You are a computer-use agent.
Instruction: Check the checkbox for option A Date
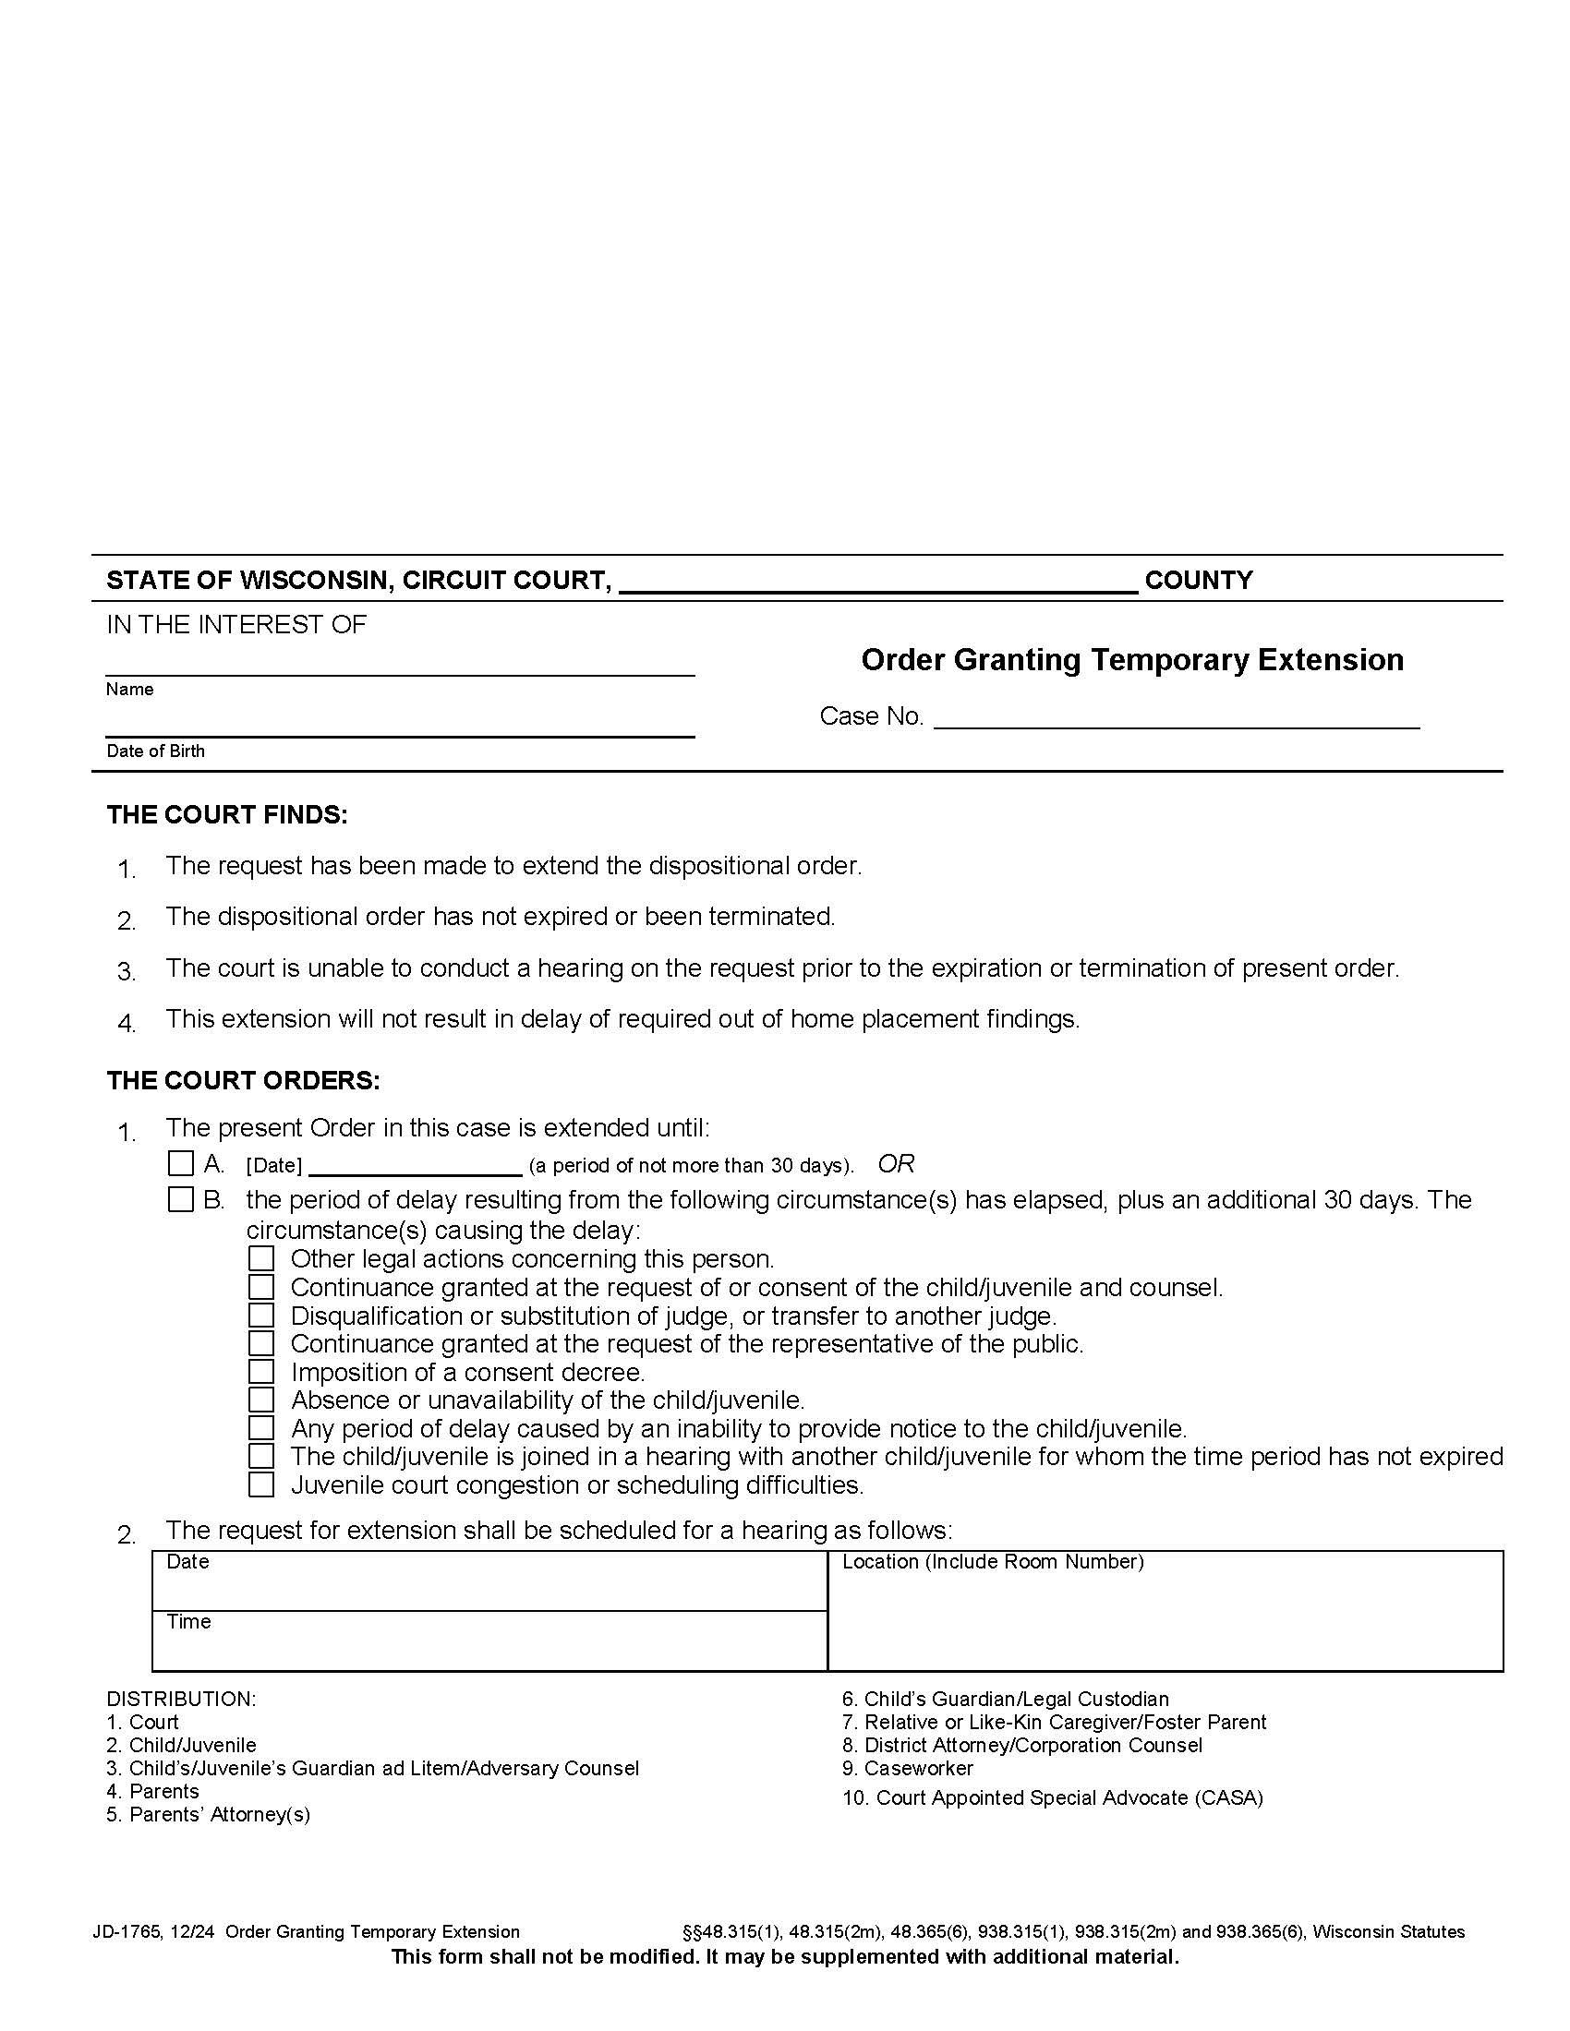pos(180,1163)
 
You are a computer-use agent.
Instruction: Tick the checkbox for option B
pos(180,1199)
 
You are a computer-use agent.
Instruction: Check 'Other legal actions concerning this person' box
pos(261,1259)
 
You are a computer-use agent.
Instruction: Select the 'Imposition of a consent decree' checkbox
pos(261,1372)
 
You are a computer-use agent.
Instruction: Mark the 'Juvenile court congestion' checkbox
pos(261,1484)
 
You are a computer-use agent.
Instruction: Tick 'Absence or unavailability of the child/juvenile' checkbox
pos(261,1400)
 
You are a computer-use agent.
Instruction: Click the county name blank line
pos(877,583)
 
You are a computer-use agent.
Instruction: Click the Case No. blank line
pos(1176,717)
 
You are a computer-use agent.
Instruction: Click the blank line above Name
pos(400,664)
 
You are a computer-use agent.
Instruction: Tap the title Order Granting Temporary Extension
pos(1132,659)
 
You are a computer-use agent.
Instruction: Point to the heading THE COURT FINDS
pos(227,814)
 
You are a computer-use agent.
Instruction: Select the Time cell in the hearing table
pos(489,1640)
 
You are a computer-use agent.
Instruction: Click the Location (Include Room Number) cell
pos(1165,1612)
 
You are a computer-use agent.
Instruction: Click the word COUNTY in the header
pos(1198,581)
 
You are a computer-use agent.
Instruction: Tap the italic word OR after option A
pos(896,1163)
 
